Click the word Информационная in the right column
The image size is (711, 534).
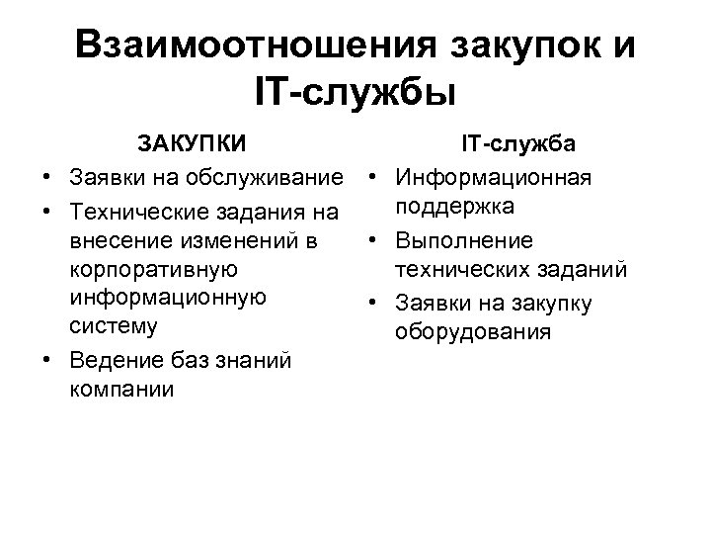point(493,179)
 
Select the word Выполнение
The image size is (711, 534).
point(464,240)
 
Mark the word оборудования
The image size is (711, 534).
point(472,331)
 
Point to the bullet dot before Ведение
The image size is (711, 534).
point(46,360)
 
